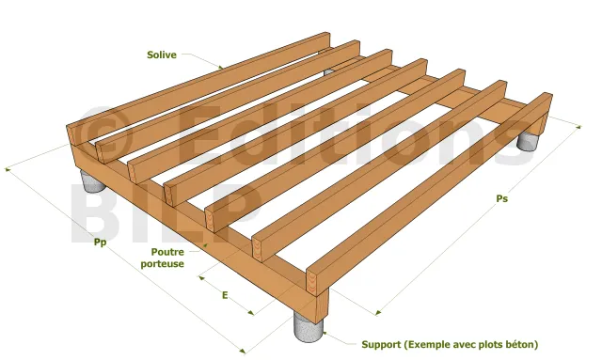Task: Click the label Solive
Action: point(162,55)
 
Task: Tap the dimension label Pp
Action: point(101,243)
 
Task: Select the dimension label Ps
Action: point(501,198)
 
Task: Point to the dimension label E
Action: point(225,295)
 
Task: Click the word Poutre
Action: point(167,252)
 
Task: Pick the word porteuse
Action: point(163,264)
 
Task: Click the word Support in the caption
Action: point(381,345)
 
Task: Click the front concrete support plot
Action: point(309,326)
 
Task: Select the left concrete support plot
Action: point(92,181)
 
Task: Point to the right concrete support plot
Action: point(528,141)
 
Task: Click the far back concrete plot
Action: point(328,71)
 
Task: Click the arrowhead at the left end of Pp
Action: point(7,169)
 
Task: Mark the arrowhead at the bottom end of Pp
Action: point(242,351)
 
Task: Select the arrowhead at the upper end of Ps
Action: point(578,126)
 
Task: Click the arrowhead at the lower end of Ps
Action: point(378,313)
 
